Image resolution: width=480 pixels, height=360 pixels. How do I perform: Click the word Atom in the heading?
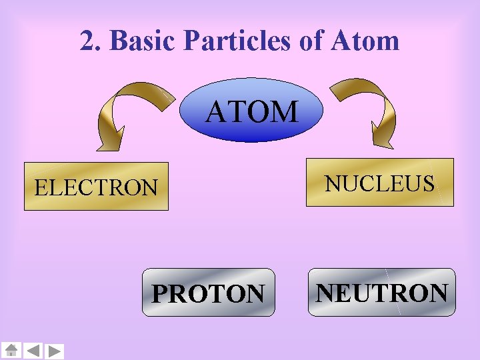[x=365, y=41]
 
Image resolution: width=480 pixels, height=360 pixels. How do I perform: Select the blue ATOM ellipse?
[x=251, y=110]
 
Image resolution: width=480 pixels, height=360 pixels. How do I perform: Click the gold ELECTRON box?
[x=96, y=186]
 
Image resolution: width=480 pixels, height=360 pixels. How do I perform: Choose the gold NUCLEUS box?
[x=379, y=182]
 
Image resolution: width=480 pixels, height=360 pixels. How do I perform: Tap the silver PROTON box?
[x=208, y=292]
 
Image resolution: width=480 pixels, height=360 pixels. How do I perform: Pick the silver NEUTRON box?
[x=381, y=292]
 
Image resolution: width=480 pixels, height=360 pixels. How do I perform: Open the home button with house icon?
[x=11, y=351]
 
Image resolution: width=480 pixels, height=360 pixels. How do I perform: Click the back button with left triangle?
[x=33, y=351]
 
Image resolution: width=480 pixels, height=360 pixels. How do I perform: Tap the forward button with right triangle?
[x=55, y=351]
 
